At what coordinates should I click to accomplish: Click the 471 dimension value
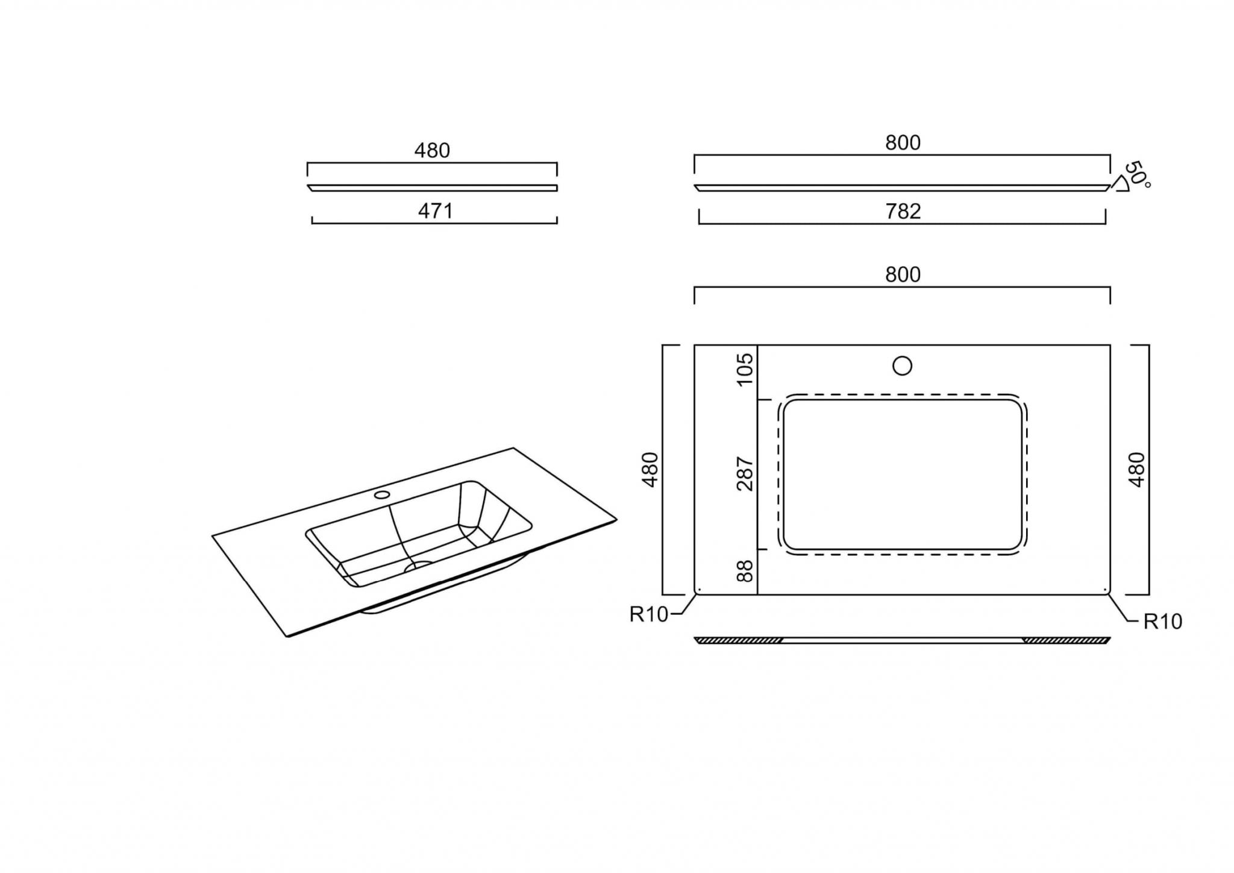[x=435, y=211]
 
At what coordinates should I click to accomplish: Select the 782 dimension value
[x=903, y=211]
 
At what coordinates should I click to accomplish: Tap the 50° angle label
[x=1138, y=174]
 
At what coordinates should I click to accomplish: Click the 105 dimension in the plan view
[x=745, y=368]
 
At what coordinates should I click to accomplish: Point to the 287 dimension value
[x=745, y=473]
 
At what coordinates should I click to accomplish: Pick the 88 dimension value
[x=745, y=570]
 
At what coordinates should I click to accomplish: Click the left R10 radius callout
[x=649, y=614]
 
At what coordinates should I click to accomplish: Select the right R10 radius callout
[x=1163, y=622]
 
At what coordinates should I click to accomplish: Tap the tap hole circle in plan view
[x=902, y=366]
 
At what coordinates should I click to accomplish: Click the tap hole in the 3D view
[x=382, y=495]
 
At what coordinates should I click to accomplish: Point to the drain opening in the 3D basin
[x=419, y=566]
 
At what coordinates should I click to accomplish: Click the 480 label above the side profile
[x=432, y=150]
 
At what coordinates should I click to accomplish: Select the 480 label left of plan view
[x=651, y=469]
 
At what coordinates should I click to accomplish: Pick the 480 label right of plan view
[x=1136, y=469]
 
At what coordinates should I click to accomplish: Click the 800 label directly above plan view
[x=903, y=274]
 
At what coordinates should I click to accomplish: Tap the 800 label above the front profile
[x=903, y=142]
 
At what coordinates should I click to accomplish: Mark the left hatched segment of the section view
[x=739, y=640]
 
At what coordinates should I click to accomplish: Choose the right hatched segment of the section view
[x=1066, y=640]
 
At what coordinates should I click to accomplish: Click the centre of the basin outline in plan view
[x=903, y=474]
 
